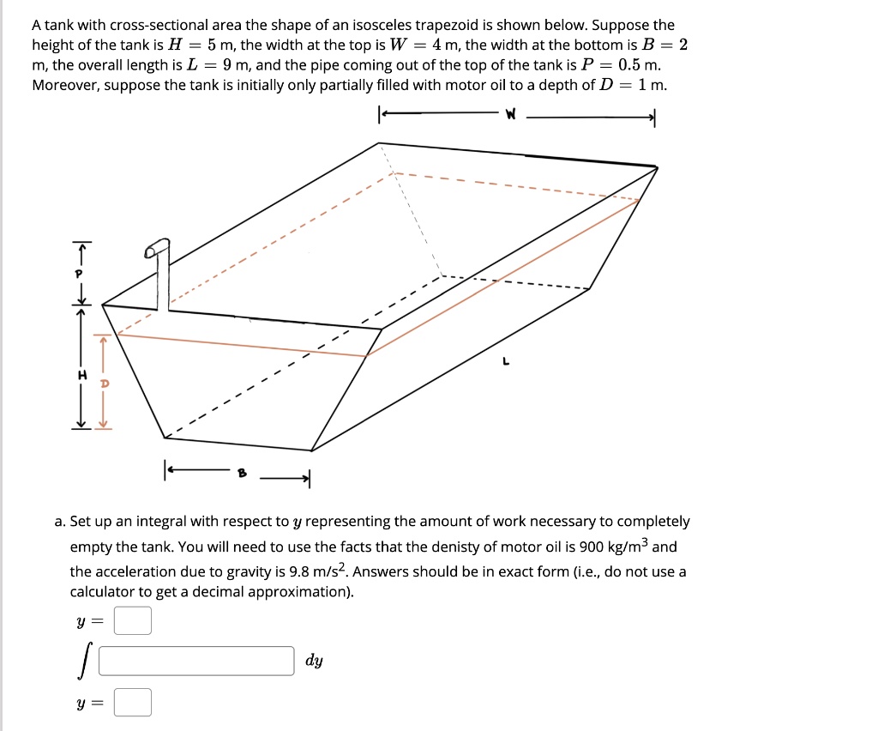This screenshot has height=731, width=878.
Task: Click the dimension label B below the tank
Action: (x=242, y=470)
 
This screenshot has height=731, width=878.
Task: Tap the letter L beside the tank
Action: (x=506, y=362)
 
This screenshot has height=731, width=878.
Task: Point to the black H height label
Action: (x=82, y=375)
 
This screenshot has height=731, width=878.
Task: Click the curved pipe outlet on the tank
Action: (x=155, y=249)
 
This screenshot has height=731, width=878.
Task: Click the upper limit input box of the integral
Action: (x=133, y=620)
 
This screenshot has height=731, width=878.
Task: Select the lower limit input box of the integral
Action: (x=133, y=702)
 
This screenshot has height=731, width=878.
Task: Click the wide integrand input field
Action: (x=196, y=661)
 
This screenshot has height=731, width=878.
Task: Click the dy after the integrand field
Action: (x=314, y=661)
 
